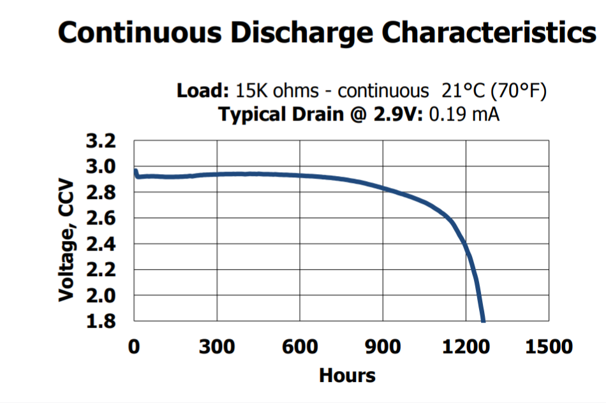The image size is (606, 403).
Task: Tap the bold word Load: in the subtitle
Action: tap(203, 91)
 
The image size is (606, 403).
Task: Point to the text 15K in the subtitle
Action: tap(249, 91)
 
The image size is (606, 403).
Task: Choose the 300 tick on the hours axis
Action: tap(217, 347)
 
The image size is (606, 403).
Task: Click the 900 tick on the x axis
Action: tap(383, 347)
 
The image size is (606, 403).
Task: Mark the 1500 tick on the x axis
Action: tap(549, 347)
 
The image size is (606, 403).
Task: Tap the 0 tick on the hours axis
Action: tap(134, 347)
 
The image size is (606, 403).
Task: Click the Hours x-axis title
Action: tap(347, 375)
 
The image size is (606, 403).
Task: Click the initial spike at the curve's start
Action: tap(136, 171)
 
